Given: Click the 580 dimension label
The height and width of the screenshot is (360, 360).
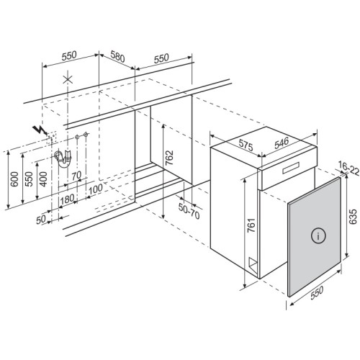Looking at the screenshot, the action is [117, 57].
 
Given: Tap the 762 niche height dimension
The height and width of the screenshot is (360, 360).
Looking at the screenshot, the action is [169, 158].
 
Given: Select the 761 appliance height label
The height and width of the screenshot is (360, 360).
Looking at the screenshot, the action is [251, 225].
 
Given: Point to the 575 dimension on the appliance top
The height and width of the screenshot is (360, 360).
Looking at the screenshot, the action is [246, 145].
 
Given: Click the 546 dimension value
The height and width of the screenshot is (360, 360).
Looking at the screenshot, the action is [282, 143].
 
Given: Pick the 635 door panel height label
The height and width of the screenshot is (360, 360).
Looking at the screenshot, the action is [353, 217].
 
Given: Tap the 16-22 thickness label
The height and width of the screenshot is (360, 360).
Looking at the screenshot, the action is [349, 168].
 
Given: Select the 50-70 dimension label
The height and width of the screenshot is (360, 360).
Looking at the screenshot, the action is [189, 211].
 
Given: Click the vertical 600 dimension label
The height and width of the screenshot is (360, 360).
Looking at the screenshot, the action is [14, 179].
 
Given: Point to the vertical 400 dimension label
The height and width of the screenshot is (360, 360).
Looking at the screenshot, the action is [43, 179].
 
